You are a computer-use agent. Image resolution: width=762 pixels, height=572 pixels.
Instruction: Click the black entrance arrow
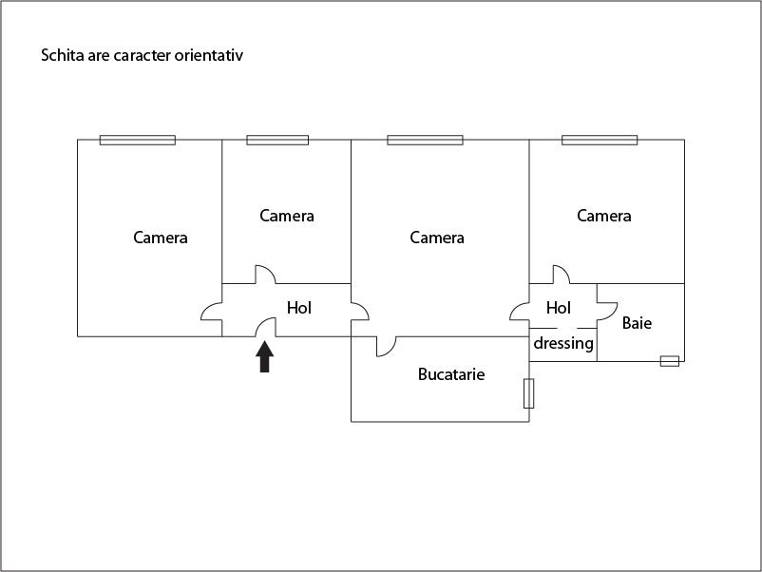coord(265,356)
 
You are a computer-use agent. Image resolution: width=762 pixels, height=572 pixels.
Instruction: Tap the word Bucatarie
coord(451,374)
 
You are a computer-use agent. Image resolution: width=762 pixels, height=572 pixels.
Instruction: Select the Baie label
coord(637,323)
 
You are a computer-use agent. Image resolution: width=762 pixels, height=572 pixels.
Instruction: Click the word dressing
coord(563,343)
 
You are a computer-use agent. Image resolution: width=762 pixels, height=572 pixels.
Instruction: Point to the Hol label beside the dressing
coord(559,308)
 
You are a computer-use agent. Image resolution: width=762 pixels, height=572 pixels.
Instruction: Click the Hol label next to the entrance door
coord(299,308)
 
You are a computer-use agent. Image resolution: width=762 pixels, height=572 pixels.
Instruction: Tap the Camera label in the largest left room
coord(161,238)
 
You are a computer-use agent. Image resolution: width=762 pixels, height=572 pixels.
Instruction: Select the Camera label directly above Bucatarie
coord(437,238)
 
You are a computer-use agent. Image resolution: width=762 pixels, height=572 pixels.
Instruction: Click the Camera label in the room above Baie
coord(604,216)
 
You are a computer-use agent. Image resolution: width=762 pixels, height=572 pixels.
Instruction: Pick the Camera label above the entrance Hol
coord(287,216)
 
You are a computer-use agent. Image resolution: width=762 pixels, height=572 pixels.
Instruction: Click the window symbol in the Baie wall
coord(669,361)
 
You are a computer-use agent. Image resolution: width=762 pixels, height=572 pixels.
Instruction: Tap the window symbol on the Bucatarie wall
coord(528,393)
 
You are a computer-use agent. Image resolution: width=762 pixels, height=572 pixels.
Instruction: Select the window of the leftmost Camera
coord(138,140)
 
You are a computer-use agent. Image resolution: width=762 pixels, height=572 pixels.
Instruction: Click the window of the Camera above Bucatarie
coord(425,140)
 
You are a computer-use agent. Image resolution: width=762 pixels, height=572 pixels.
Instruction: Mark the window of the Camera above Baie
coord(600,140)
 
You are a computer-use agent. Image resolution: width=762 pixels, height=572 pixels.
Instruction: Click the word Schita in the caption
coord(60,55)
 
